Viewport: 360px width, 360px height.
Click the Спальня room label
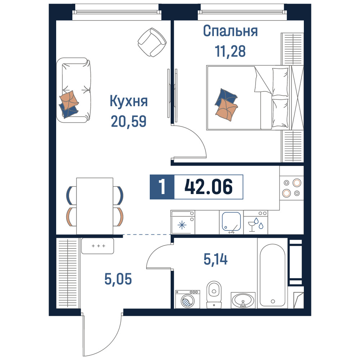click(x=230, y=31)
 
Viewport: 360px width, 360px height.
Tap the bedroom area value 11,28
click(x=230, y=51)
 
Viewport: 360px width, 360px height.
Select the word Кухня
click(x=129, y=101)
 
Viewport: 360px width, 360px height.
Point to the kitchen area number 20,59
click(x=129, y=121)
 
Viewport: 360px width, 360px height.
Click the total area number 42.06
click(x=208, y=186)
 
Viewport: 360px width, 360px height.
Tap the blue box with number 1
click(x=162, y=187)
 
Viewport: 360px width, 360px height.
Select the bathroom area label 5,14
click(x=216, y=260)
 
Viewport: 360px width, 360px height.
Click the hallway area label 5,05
click(x=118, y=279)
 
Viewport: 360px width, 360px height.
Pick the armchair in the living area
click(x=152, y=42)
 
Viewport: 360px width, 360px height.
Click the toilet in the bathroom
click(x=214, y=295)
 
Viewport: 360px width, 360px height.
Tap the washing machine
click(x=188, y=299)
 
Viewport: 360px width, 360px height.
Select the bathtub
click(x=273, y=275)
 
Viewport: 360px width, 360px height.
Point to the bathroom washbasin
click(x=243, y=300)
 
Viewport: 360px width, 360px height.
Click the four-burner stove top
click(x=292, y=188)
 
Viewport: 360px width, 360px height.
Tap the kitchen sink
click(x=231, y=222)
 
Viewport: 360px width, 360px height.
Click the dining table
click(x=95, y=206)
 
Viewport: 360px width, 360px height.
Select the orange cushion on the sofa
click(x=69, y=100)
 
